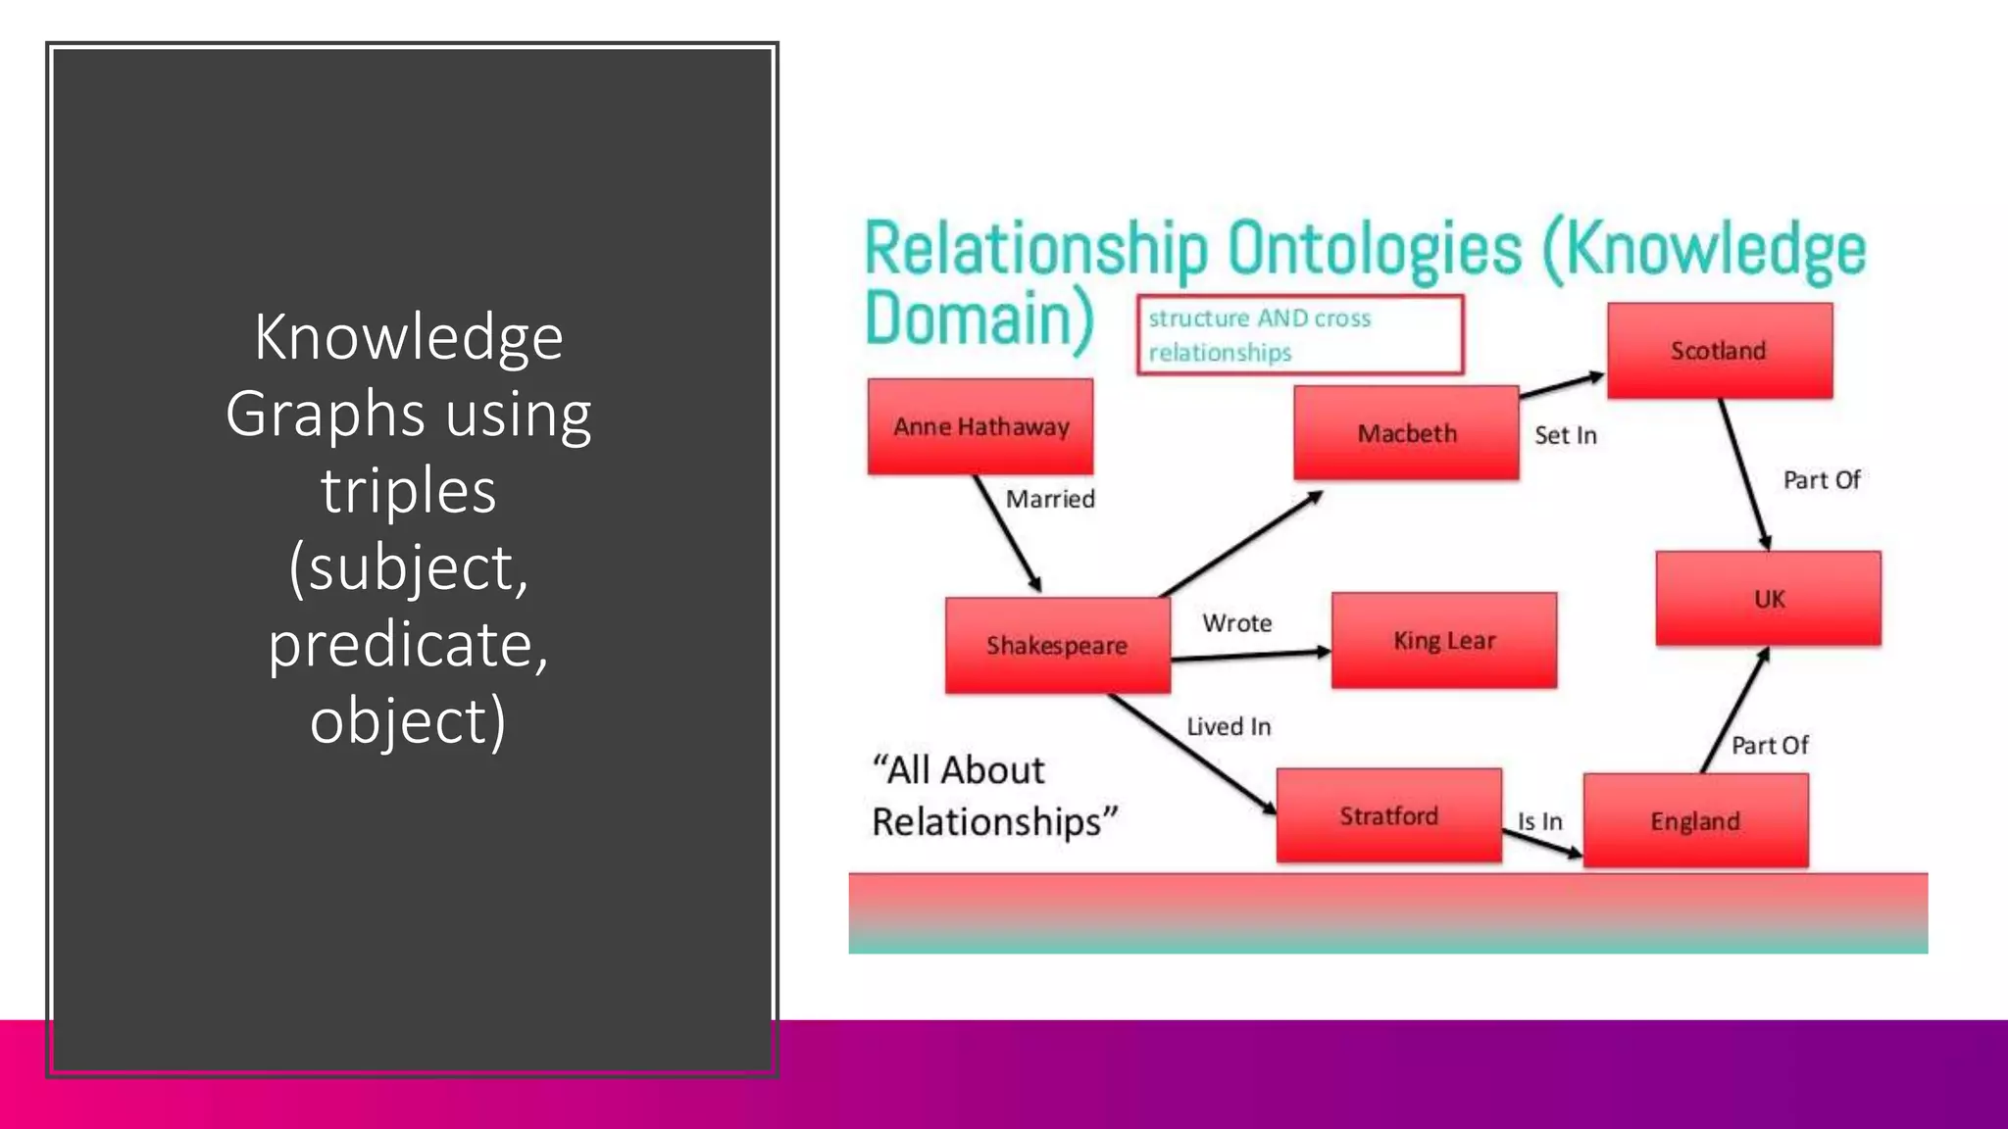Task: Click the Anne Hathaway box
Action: pyautogui.click(x=980, y=427)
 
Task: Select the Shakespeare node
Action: pyautogui.click(x=1057, y=646)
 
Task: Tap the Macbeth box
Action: pyautogui.click(x=1406, y=433)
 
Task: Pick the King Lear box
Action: pyautogui.click(x=1443, y=641)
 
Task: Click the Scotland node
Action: pyautogui.click(x=1719, y=351)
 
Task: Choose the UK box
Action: pyautogui.click(x=1768, y=599)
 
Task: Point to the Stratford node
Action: pyautogui.click(x=1388, y=816)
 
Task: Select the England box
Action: pyautogui.click(x=1695, y=821)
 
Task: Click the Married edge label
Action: pyautogui.click(x=1050, y=500)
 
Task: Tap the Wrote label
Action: pyautogui.click(x=1237, y=623)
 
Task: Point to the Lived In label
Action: pyautogui.click(x=1229, y=727)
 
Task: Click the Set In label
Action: pyautogui.click(x=1565, y=436)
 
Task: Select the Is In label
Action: pyautogui.click(x=1539, y=821)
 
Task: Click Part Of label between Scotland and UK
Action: pyautogui.click(x=1821, y=480)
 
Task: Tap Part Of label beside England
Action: pyautogui.click(x=1769, y=746)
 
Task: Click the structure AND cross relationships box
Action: pyautogui.click(x=1299, y=335)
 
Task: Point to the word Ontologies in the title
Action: pyautogui.click(x=1375, y=249)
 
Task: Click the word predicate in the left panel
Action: pyautogui.click(x=408, y=645)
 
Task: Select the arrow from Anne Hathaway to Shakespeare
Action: pyautogui.click(x=1007, y=534)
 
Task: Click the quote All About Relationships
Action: pyautogui.click(x=993, y=796)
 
